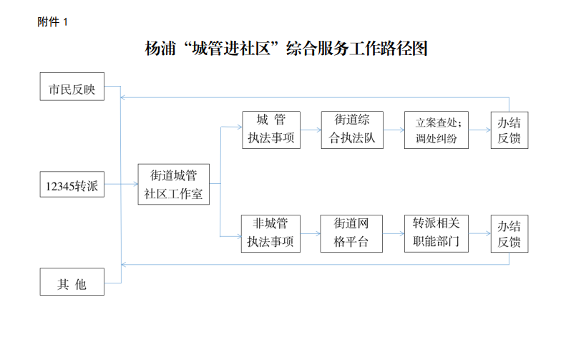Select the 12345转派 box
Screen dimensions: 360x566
click(x=72, y=188)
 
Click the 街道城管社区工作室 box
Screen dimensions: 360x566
click(x=174, y=184)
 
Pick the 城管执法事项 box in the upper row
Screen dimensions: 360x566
click(x=271, y=130)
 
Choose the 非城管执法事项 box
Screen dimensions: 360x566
click(x=271, y=234)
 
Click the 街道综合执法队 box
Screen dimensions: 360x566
click(x=351, y=130)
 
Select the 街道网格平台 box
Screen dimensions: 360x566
click(x=351, y=234)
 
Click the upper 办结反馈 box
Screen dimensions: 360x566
click(x=509, y=130)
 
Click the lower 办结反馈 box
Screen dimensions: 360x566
click(x=509, y=234)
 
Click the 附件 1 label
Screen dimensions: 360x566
click(x=52, y=22)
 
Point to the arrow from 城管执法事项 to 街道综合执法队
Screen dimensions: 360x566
click(x=311, y=130)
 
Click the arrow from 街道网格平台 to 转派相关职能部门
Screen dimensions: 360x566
click(x=393, y=234)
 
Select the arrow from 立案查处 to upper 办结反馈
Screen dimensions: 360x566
click(x=479, y=130)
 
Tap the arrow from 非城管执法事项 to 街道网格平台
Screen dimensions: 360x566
click(x=310, y=234)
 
